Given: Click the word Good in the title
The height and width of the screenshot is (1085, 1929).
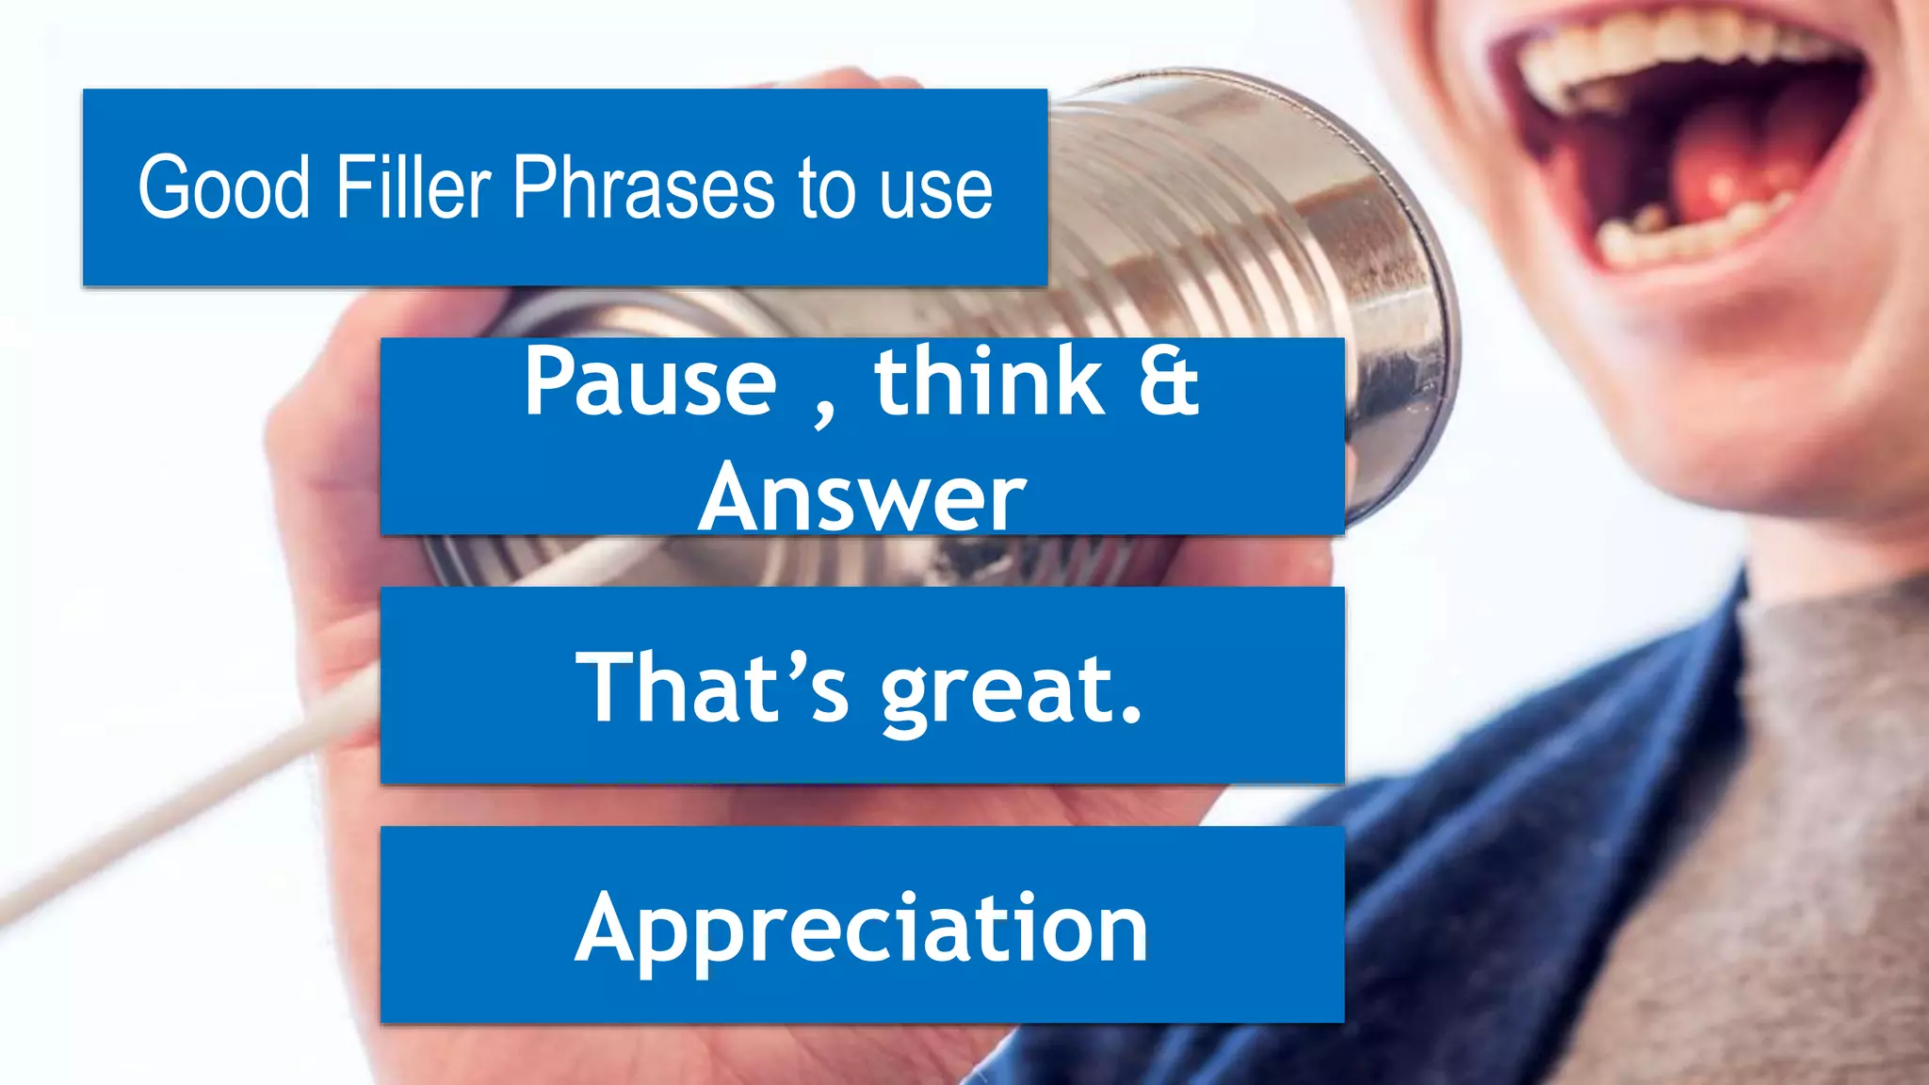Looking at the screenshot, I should tap(224, 187).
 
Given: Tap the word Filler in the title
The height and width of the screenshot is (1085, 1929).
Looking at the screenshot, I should tap(413, 187).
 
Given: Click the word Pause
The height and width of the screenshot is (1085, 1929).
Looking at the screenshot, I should tap(650, 381).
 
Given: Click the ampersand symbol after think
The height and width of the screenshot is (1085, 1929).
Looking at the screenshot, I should tap(1169, 381).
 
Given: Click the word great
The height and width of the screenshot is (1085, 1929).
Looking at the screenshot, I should tap(998, 692).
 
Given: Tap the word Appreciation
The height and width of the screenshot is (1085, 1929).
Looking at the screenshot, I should tap(862, 931).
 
